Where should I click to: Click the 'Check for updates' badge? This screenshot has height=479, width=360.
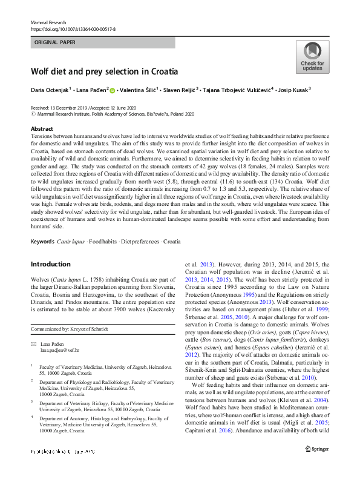coord(312,58)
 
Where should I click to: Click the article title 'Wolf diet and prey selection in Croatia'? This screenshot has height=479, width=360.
coord(104,71)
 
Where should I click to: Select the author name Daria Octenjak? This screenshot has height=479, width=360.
coord(50,90)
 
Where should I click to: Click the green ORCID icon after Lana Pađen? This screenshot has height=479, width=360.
coord(113,90)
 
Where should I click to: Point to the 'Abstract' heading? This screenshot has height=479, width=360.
coord(42,129)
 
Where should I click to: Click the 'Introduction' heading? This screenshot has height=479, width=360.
coord(50,264)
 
